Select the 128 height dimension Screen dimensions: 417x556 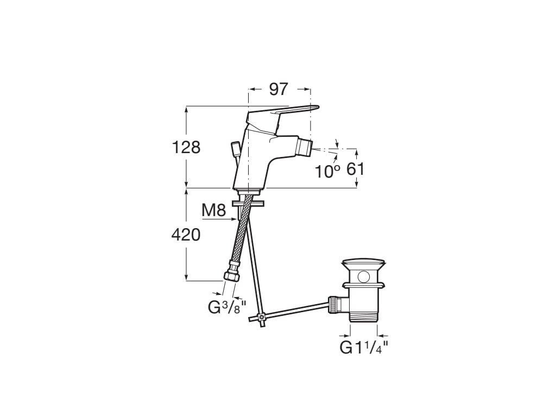(x=186, y=147)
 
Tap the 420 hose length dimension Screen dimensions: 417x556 (x=186, y=235)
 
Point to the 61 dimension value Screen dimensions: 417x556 (x=356, y=169)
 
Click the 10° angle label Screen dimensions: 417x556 (x=327, y=171)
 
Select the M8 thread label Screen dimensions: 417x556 (x=213, y=211)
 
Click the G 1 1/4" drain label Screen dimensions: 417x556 (x=364, y=347)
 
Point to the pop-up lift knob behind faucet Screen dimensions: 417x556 (x=235, y=148)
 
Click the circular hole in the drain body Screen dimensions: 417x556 (x=363, y=277)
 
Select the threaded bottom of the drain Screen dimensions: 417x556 (x=364, y=316)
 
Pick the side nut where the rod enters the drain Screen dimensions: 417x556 (x=335, y=304)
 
